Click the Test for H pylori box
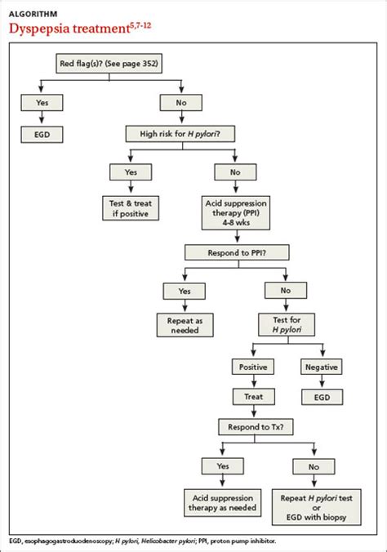(x=286, y=323)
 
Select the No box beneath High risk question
(x=235, y=171)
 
